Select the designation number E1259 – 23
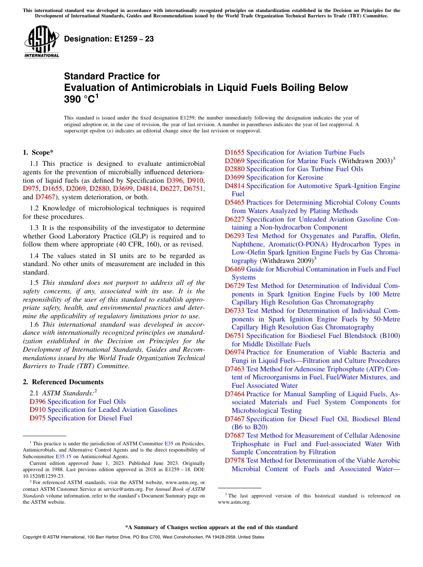[x=109, y=39]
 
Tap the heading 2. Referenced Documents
[x=63, y=382]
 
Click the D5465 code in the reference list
[x=234, y=202]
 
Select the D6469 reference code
[x=234, y=269]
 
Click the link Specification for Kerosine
[x=285, y=177]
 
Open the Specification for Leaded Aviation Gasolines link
[x=112, y=410]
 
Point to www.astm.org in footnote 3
[x=234, y=502]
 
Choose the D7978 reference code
[x=234, y=460]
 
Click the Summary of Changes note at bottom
[x=211, y=527]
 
